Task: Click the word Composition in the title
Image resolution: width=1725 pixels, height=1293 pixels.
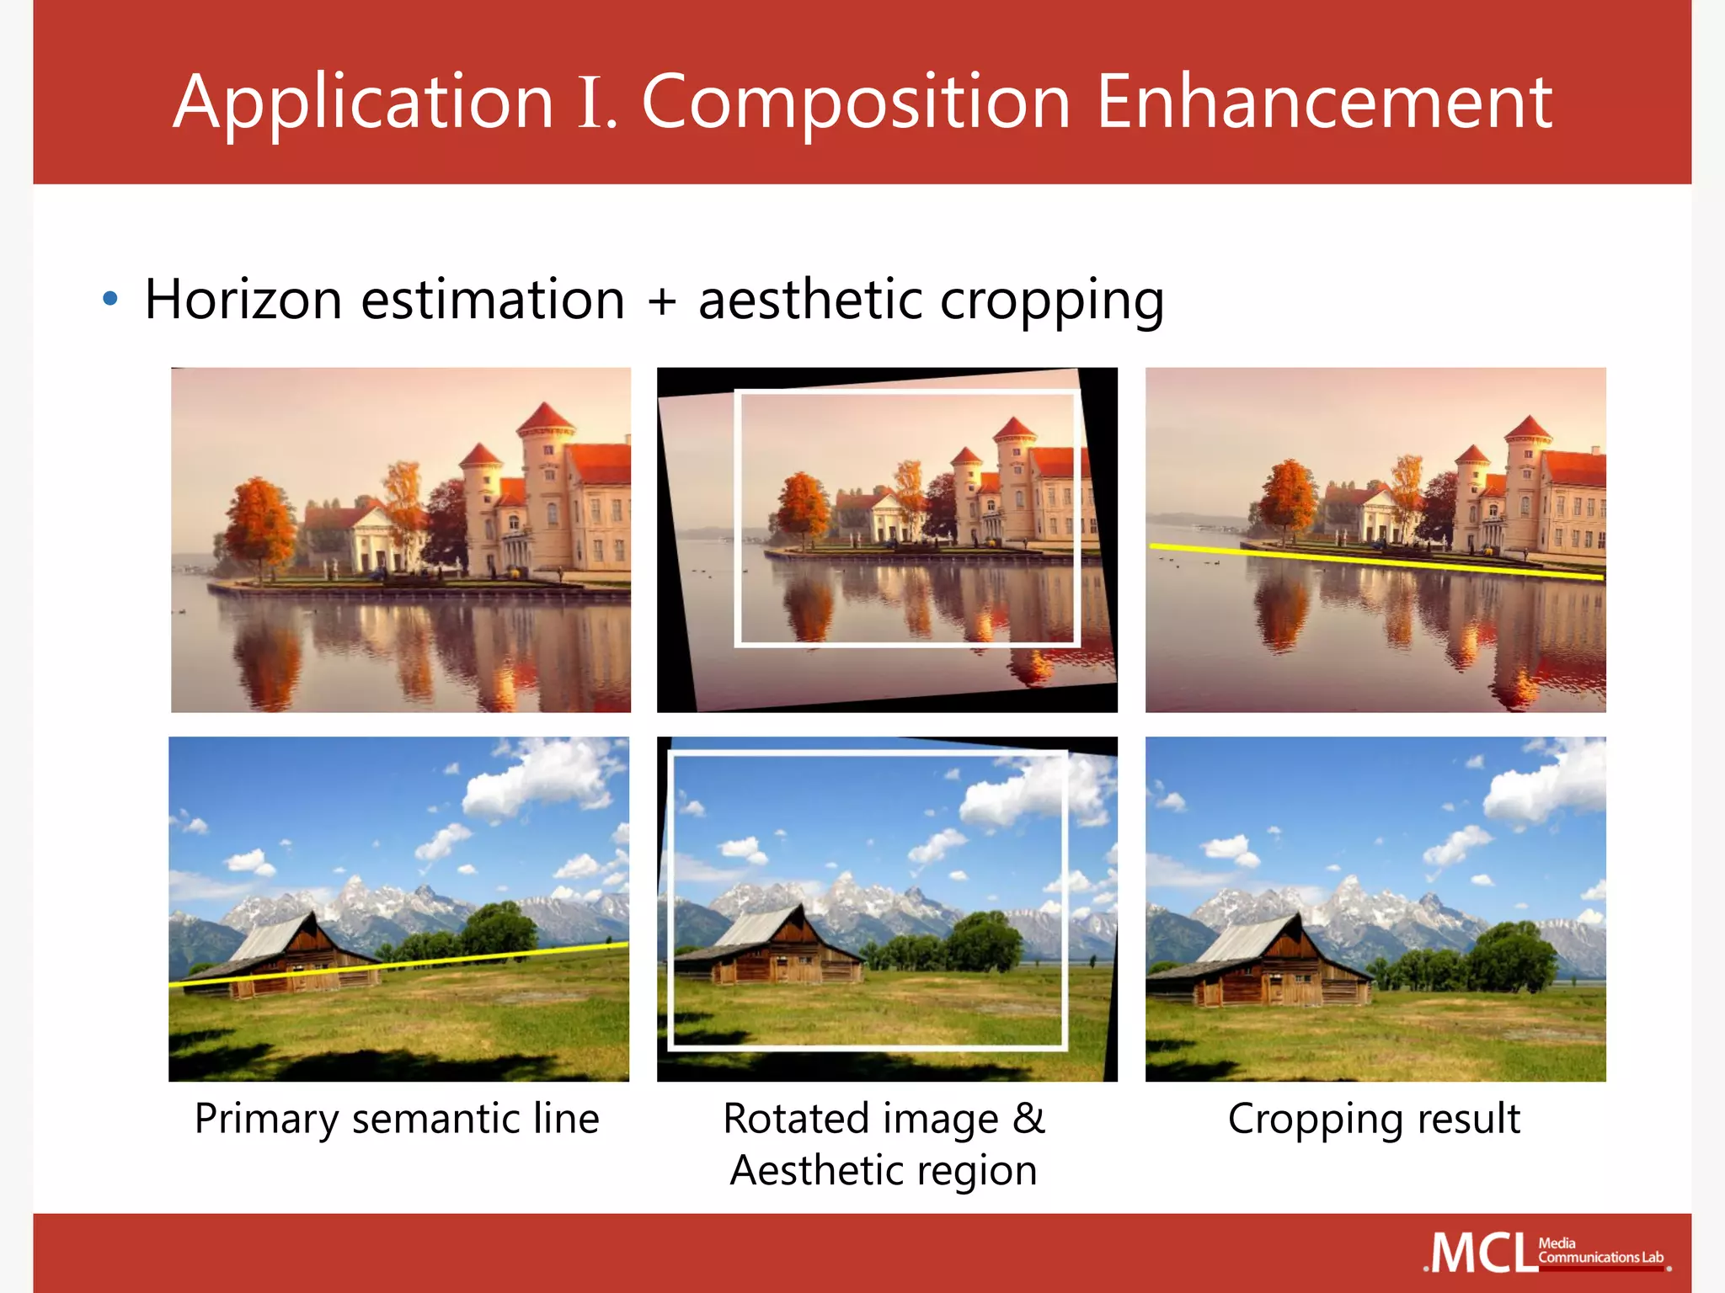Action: [x=856, y=103]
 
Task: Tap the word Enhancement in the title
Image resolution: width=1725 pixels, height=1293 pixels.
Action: [x=1324, y=103]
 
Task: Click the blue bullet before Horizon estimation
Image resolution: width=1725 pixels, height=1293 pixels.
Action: [x=109, y=299]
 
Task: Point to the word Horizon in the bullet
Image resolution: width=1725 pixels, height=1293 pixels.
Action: [x=243, y=300]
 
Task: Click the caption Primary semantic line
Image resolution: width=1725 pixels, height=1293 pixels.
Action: [x=397, y=1120]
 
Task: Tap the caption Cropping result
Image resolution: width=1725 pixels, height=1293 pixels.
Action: [x=1374, y=1120]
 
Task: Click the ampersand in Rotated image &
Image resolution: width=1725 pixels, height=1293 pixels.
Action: [x=1028, y=1120]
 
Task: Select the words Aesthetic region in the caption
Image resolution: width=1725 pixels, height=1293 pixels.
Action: [x=884, y=1171]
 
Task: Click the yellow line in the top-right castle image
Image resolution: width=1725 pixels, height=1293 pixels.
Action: [x=1376, y=562]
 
